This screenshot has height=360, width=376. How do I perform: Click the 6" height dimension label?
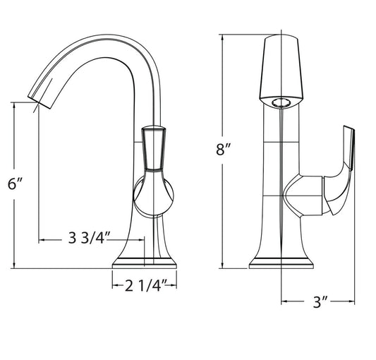click(15, 184)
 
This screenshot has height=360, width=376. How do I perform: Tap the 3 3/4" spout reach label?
click(89, 238)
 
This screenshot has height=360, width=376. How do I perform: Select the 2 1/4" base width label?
click(146, 286)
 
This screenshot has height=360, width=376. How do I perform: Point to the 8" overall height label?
click(223, 149)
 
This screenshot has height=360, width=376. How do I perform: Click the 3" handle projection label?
click(320, 302)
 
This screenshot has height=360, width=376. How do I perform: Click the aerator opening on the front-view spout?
click(281, 103)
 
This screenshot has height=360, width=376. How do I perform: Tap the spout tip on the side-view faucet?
click(40, 102)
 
